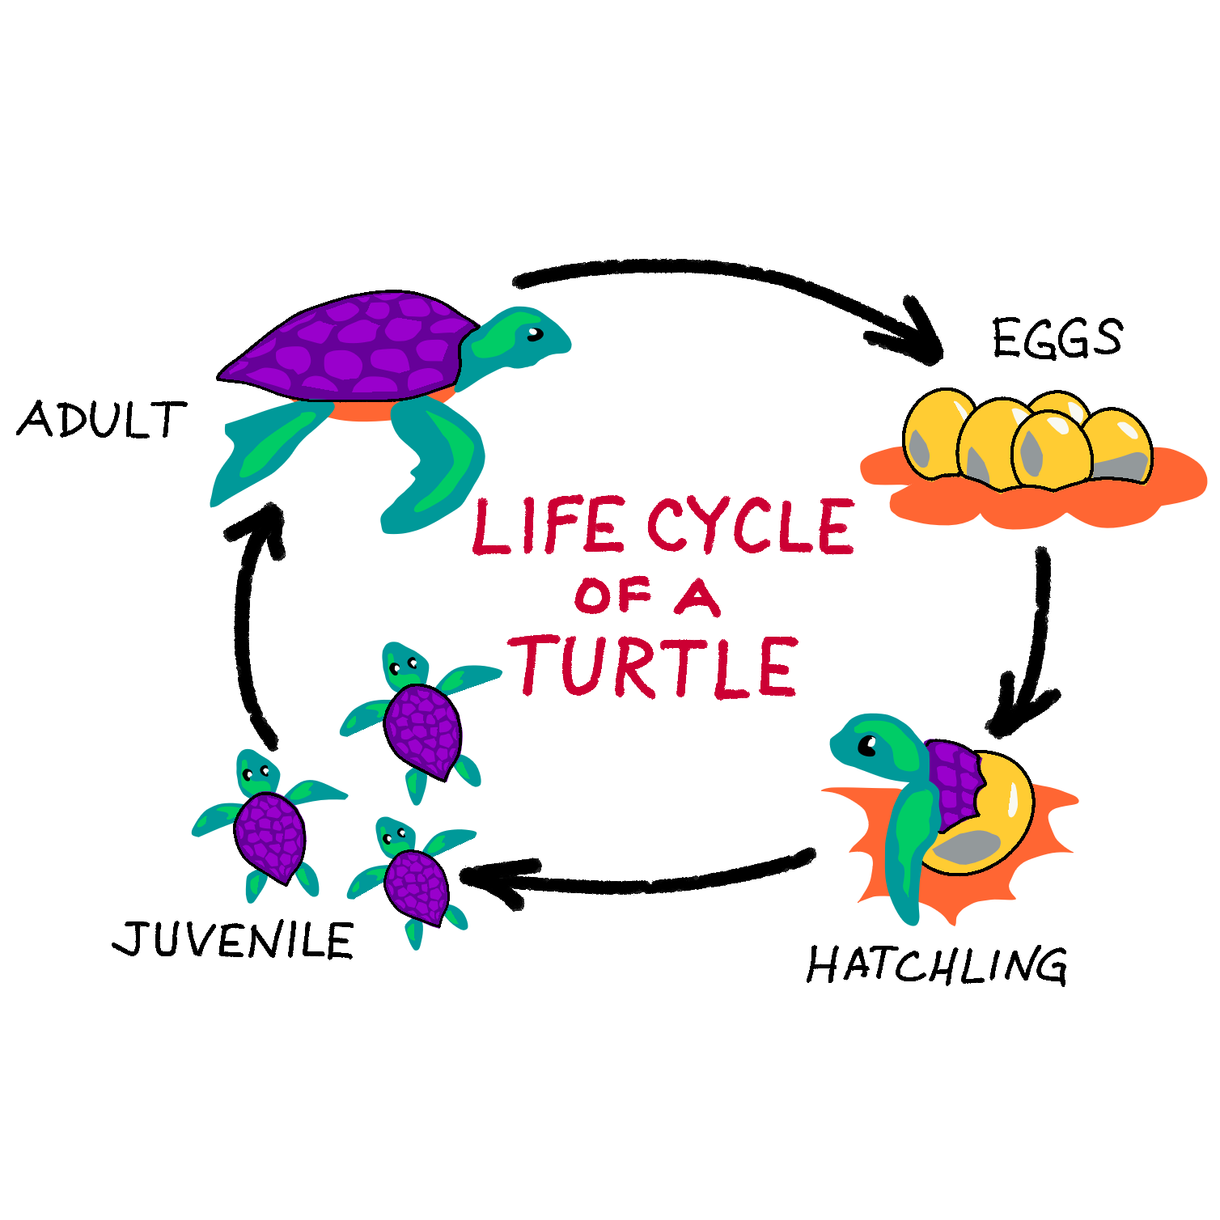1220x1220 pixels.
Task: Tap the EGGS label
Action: [x=1057, y=337]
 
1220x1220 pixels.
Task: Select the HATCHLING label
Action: [x=937, y=964]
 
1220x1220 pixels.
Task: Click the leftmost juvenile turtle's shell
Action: [x=270, y=837]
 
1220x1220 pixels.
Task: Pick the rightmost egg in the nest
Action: [x=1120, y=445]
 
